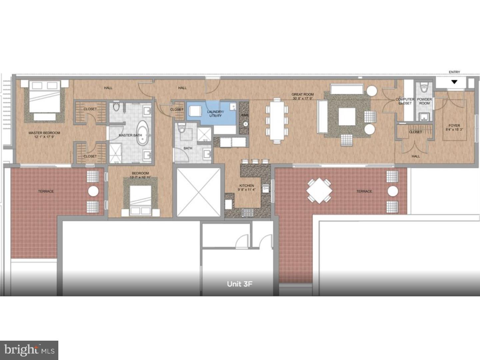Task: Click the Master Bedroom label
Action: pos(44,135)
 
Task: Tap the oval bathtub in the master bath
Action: pos(143,133)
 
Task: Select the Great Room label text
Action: pos(302,96)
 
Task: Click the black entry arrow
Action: pos(454,82)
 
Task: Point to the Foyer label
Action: pos(454,128)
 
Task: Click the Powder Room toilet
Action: pos(424,88)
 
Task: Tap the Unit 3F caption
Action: pos(240,284)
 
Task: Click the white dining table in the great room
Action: pos(277,120)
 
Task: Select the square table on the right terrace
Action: pos(319,191)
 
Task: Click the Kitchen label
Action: pos(247,187)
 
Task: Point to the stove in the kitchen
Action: pos(247,212)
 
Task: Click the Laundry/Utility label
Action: pos(215,114)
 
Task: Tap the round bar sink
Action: pos(245,124)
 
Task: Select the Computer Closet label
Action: pos(405,101)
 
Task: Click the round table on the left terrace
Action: pos(93,191)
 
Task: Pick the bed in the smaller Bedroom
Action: pos(141,199)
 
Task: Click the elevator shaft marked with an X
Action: pos(198,192)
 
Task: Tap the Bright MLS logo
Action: pos(29,350)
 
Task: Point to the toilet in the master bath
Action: pos(116,107)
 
